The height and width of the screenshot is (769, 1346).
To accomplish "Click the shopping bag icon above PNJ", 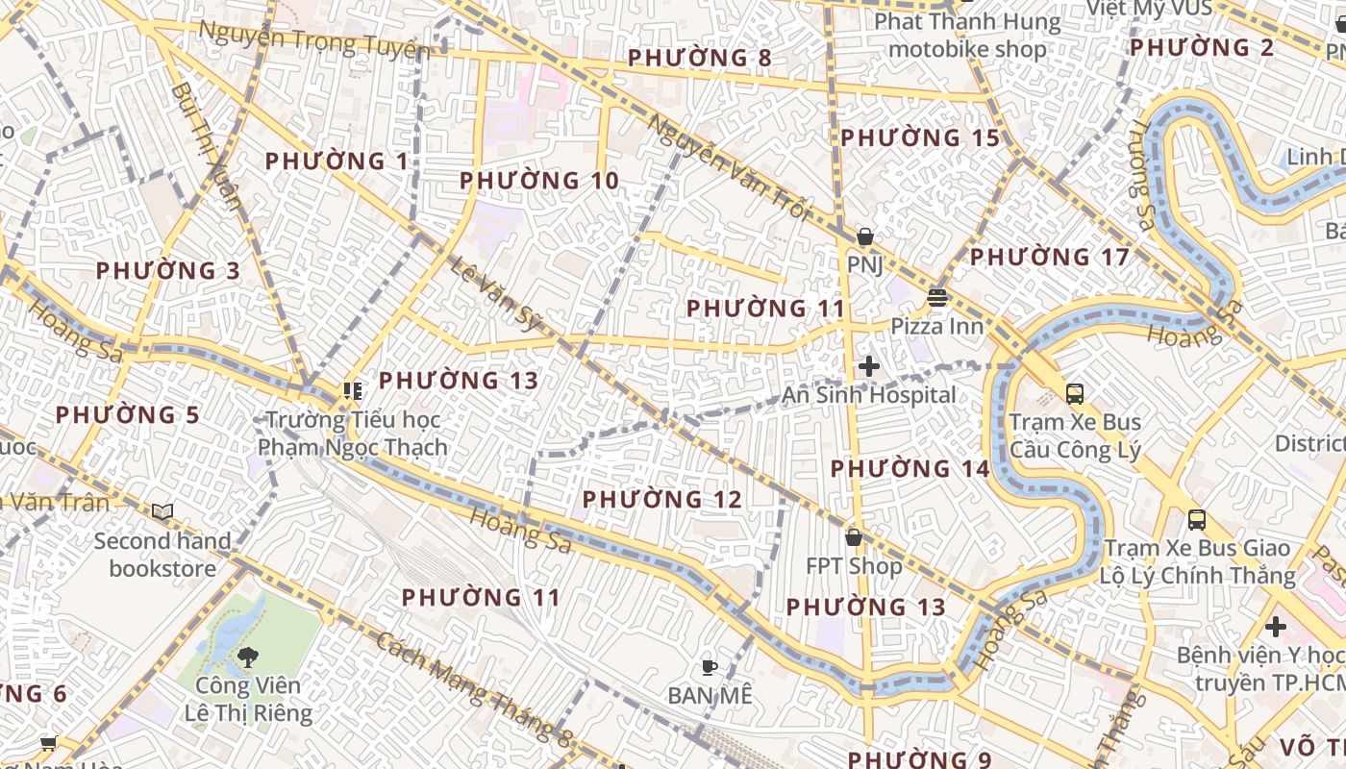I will [865, 236].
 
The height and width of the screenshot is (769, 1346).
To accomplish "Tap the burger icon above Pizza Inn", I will [937, 298].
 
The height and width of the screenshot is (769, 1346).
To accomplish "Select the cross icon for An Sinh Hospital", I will [869, 366].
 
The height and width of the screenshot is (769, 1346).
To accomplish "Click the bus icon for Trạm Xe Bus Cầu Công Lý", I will [1074, 393].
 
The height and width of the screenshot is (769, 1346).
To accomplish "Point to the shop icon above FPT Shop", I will [853, 537].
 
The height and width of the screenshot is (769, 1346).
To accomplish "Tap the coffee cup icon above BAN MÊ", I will [709, 666].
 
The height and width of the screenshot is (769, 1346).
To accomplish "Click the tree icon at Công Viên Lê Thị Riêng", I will [248, 657].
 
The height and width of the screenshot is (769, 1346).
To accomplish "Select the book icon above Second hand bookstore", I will [162, 512].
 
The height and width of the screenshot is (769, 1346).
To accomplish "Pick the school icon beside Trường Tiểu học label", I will [353, 391].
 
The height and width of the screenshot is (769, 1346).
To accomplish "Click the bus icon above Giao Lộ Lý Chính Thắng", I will [1197, 520].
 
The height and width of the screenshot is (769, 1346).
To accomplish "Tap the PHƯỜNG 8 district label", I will [699, 58].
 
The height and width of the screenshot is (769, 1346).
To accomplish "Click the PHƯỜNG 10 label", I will [538, 181].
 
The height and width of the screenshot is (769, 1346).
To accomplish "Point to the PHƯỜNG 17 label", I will [1049, 258].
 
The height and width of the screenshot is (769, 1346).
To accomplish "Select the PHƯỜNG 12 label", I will [661, 500].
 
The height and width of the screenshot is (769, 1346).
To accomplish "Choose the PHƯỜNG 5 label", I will [127, 415].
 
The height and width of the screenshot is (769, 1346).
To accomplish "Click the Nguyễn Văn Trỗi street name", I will [728, 167].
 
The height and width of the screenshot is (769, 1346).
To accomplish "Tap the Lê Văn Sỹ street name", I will [496, 294].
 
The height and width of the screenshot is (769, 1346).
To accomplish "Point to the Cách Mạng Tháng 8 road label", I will [474, 688].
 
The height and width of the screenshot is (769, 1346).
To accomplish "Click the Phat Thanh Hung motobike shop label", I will [967, 36].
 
